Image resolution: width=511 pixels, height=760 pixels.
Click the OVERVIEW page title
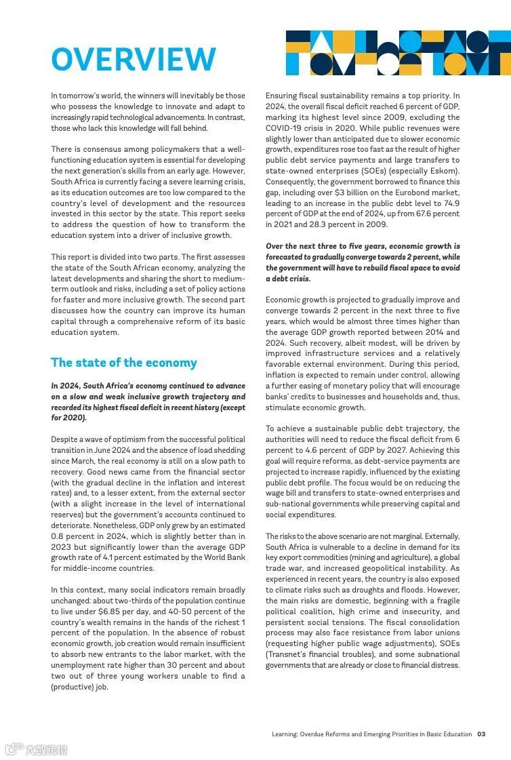point(134,60)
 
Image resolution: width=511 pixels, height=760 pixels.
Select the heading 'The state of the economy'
point(124,363)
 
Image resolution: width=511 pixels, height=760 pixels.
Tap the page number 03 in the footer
point(481,734)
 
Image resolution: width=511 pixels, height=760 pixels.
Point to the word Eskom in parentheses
point(444,171)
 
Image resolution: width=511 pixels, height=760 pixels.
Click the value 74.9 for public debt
point(450,203)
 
